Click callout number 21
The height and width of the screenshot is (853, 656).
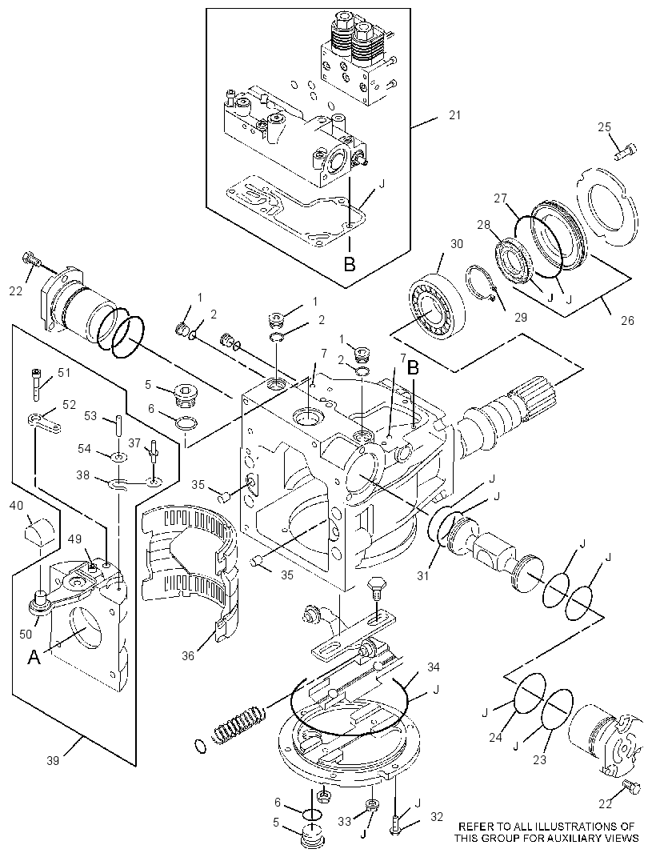click(x=454, y=114)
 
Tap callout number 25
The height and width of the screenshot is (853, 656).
click(x=604, y=126)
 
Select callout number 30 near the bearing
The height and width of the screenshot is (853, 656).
click(x=457, y=244)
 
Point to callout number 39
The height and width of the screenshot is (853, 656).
click(x=53, y=760)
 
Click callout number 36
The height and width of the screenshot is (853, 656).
click(x=188, y=656)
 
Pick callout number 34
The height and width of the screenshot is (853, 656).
click(x=434, y=667)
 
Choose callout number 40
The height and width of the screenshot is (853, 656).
click(x=16, y=506)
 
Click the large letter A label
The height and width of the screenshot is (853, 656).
click(x=34, y=658)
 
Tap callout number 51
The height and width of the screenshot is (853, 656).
click(x=64, y=373)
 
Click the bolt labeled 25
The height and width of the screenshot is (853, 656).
click(x=626, y=150)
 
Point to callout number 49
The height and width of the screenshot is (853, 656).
click(x=74, y=539)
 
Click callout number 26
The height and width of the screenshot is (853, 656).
click(x=627, y=320)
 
